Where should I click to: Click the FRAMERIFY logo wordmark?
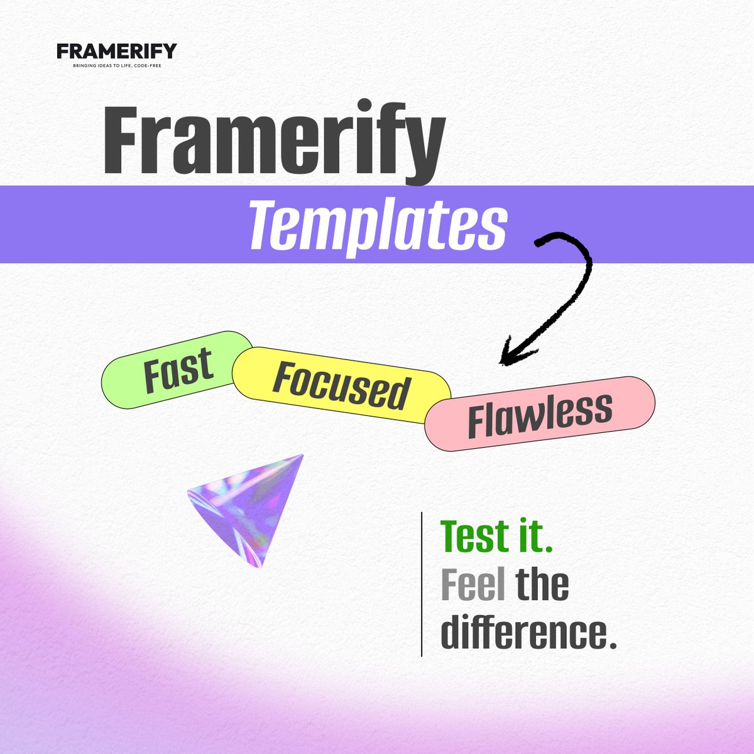tap(117, 51)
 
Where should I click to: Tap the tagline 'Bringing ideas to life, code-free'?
tap(117, 65)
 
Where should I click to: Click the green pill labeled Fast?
tap(177, 370)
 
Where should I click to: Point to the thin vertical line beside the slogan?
tap(421, 584)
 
